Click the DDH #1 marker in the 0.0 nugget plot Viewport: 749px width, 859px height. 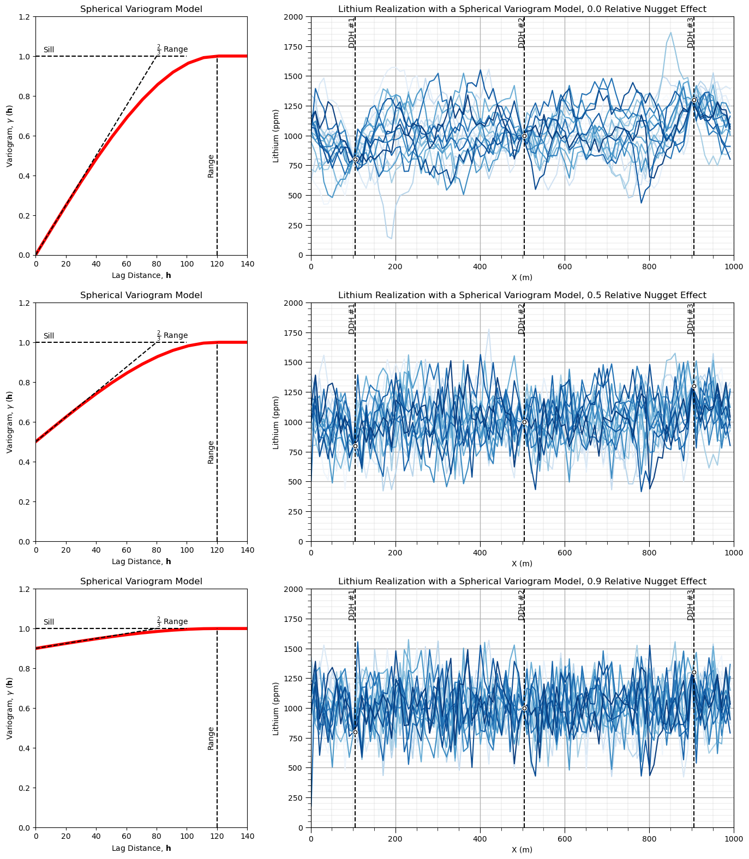coord(355,159)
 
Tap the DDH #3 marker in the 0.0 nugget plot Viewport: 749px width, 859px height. coord(694,100)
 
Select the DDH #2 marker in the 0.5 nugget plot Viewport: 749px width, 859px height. coord(524,422)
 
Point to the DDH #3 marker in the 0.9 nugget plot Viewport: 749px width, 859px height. coord(694,672)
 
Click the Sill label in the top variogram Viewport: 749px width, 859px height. coord(49,50)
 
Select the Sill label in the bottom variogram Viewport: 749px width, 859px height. coord(49,622)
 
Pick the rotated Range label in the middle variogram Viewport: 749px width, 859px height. coord(211,452)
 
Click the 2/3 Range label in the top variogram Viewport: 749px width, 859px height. coord(172,49)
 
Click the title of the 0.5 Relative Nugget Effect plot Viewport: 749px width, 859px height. coord(522,295)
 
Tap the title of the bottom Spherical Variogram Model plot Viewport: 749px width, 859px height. coord(141,581)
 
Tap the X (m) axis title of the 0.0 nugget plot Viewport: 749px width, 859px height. coord(522,277)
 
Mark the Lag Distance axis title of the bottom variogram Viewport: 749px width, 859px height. coord(141,848)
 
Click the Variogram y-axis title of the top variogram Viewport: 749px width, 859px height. coord(9,136)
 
